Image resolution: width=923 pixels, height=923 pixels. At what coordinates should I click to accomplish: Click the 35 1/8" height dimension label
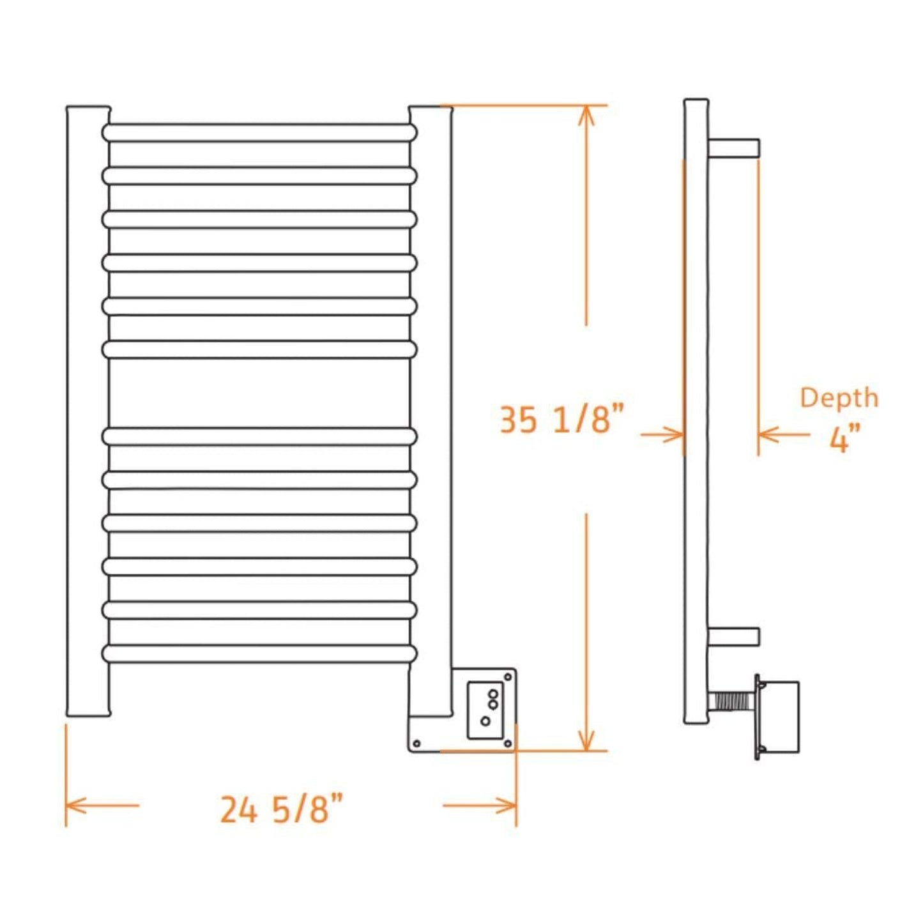click(x=560, y=420)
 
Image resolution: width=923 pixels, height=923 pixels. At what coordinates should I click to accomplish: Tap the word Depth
click(x=839, y=397)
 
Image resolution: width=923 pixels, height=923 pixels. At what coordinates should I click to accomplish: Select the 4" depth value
click(x=844, y=439)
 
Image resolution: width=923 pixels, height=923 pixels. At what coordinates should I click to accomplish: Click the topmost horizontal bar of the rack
click(x=259, y=133)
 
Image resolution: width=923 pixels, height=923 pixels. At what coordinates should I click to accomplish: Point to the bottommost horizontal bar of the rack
click(x=259, y=653)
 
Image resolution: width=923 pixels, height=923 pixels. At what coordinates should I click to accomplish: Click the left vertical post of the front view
click(x=88, y=409)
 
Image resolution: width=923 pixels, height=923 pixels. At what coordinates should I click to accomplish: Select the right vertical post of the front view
click(x=431, y=409)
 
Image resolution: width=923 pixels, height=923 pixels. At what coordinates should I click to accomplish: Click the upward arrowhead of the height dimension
click(x=586, y=115)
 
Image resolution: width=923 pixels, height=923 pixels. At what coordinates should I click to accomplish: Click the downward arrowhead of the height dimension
click(x=586, y=741)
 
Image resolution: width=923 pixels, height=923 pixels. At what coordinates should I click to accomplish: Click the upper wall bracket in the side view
click(x=734, y=148)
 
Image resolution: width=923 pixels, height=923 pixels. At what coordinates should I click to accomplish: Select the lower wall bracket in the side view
click(x=734, y=636)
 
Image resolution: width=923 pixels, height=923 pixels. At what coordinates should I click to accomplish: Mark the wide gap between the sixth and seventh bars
click(x=259, y=393)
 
